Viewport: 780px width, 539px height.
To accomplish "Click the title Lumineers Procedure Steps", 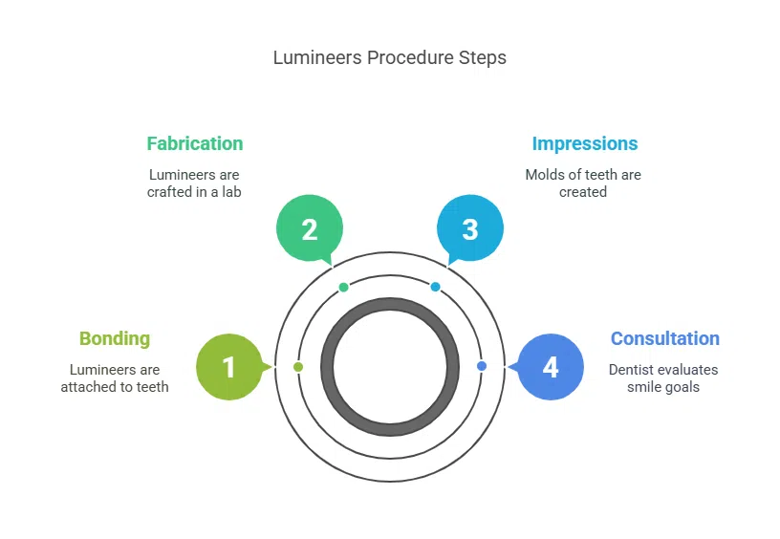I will point(389,57).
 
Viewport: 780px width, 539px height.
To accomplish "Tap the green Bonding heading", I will point(115,338).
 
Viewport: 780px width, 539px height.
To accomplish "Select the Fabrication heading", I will point(195,143).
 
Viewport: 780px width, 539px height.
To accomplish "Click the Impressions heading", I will point(584,143).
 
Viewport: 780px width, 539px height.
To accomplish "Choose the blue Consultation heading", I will point(664,338).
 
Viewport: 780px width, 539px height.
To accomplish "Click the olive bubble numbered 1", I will point(228,367).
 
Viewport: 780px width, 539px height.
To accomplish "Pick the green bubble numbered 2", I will point(309,229).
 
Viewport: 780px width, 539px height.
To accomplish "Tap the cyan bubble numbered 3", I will point(469,229).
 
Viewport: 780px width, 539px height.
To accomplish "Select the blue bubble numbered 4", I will point(550,367).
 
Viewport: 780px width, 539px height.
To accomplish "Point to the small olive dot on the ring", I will point(298,367).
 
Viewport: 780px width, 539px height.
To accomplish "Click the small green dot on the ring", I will point(344,287).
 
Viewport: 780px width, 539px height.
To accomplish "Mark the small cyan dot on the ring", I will point(435,287).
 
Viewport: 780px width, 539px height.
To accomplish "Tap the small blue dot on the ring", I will point(481,366).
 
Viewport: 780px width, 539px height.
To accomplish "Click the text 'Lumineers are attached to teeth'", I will point(115,378).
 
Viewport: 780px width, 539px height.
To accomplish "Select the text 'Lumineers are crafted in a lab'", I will point(194,183).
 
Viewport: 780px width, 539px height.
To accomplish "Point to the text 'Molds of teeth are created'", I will point(583,183).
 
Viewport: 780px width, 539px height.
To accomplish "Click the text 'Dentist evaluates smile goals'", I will point(663,378).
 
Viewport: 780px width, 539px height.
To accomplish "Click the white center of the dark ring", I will point(389,367).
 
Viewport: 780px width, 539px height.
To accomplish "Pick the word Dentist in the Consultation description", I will point(635,370).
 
